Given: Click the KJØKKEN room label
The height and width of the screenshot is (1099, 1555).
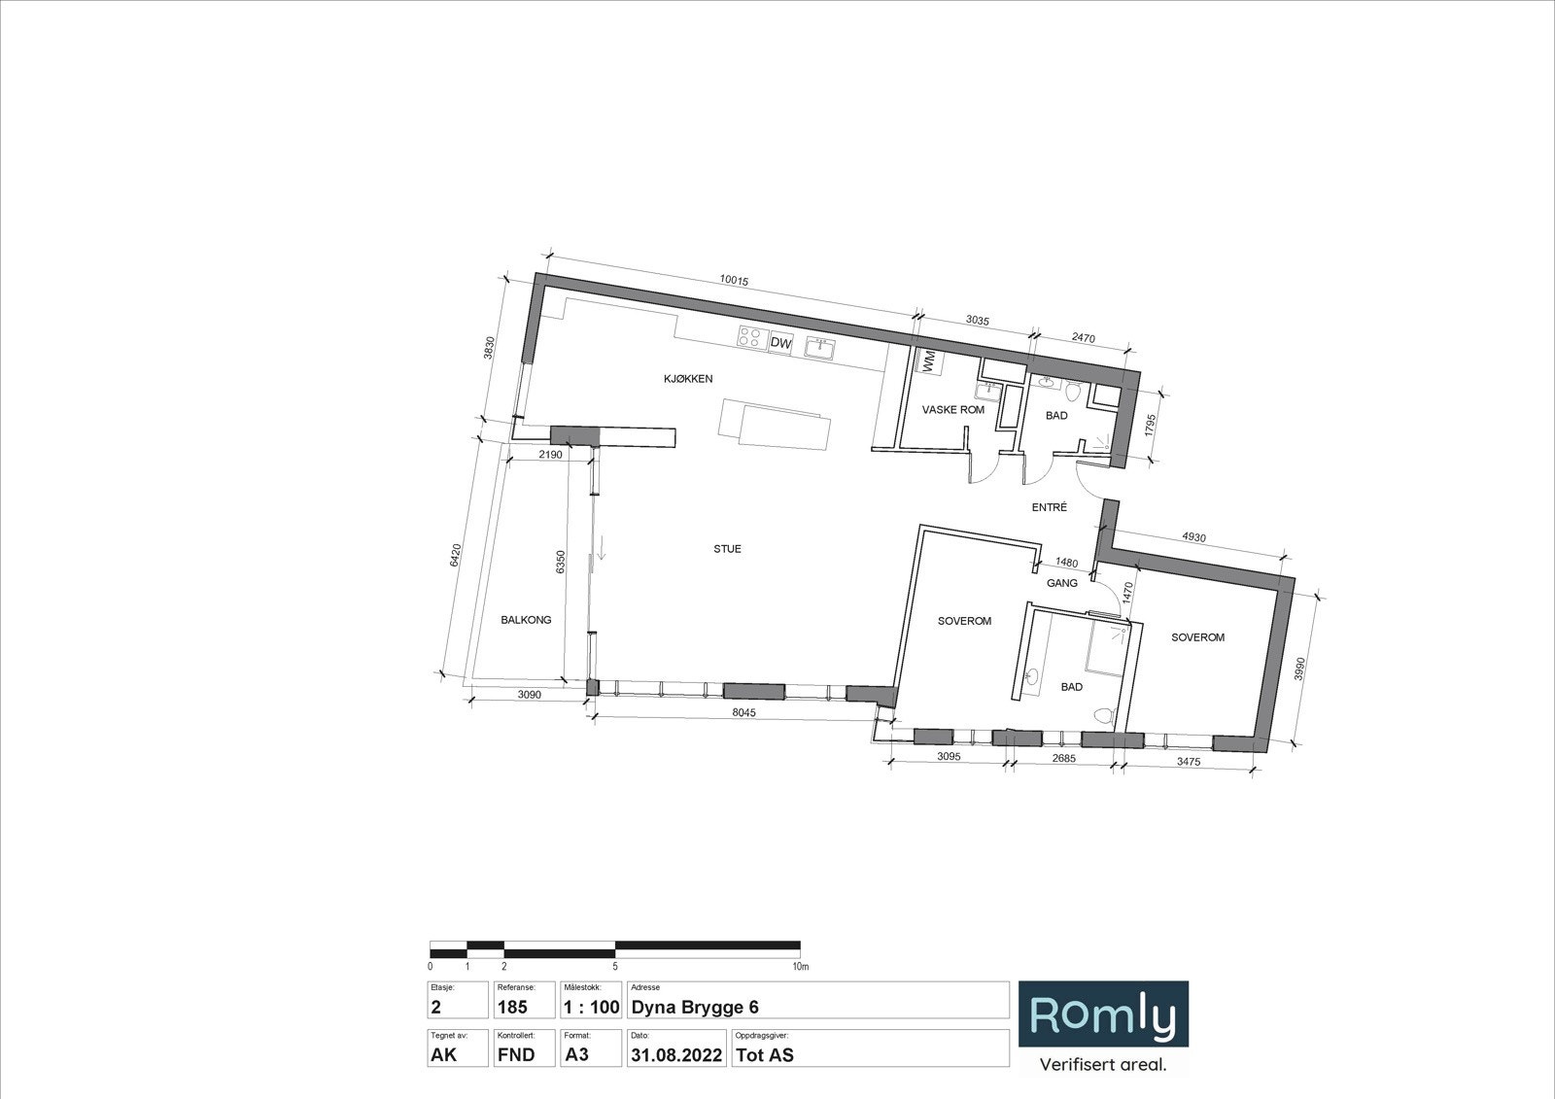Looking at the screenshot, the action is [x=688, y=379].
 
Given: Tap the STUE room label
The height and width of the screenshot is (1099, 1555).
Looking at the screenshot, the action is [x=728, y=549].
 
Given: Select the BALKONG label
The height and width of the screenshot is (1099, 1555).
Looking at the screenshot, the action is [x=526, y=620].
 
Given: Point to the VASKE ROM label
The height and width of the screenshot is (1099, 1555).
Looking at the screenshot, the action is [x=953, y=410].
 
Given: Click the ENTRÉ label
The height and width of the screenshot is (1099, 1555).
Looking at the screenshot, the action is [x=1049, y=507].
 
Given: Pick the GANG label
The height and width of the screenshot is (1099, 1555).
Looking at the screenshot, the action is [x=1062, y=583].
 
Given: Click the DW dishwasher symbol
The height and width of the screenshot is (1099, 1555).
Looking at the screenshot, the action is [x=781, y=342].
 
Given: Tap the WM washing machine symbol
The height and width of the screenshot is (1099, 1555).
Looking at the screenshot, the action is [x=929, y=361].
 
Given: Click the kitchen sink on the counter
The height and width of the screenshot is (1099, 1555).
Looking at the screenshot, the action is [x=820, y=347].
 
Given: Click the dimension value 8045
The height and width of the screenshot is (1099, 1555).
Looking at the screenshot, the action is [x=743, y=712].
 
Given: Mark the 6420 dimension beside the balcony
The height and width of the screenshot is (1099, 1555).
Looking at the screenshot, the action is [x=456, y=556].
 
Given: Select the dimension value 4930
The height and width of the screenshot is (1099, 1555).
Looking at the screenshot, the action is [x=1194, y=536].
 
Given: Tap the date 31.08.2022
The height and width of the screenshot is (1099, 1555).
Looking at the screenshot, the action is [x=676, y=1055].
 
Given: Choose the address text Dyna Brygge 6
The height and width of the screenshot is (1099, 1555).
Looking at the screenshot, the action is [x=695, y=1008].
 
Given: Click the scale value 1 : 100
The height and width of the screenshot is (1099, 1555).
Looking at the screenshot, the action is [x=592, y=1008].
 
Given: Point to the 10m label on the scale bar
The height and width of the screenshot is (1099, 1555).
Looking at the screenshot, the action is [x=801, y=967].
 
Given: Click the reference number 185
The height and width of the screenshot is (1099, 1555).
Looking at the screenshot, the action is [x=512, y=1008].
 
